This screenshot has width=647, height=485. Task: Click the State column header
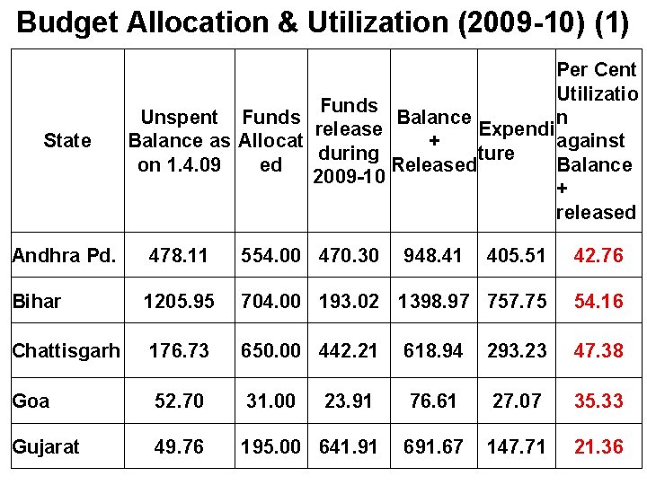66,141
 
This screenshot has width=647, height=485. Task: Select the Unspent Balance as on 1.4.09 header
179,141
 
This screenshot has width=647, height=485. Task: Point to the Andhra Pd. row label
64,256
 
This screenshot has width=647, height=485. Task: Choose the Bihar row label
37,302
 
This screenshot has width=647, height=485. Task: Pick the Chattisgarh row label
66,349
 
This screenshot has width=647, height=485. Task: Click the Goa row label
31,400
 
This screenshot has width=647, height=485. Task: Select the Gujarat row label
46,446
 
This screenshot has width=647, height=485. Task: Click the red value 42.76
598,257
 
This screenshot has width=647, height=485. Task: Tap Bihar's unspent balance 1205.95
180,303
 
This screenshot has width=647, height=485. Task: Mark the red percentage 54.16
598,303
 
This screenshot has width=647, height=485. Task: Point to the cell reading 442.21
349,350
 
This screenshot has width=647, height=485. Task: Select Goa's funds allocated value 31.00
270,401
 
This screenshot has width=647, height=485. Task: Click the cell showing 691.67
433,447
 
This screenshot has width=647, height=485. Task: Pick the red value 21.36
598,447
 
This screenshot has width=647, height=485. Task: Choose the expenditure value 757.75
516,303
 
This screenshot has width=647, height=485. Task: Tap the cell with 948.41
433,257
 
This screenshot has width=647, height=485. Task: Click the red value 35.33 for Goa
598,401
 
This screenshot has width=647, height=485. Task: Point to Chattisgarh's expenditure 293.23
516,350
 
